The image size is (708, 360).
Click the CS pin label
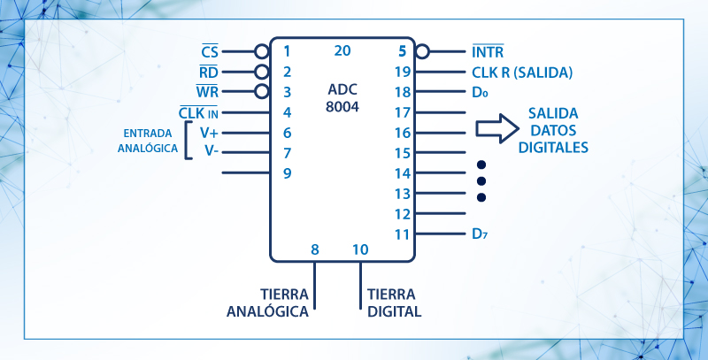210,50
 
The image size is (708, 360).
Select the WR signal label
207,92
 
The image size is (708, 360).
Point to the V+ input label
209,133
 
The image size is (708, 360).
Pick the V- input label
211,151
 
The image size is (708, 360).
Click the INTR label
488,52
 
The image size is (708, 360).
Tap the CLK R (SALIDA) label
522,73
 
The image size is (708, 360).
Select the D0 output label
480,92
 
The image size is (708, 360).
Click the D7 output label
480,234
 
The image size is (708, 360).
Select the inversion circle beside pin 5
421,51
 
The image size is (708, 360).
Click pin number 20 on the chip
342,50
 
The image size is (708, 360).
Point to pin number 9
287,172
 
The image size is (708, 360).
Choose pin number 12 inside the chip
402,214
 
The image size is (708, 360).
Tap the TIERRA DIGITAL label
394,303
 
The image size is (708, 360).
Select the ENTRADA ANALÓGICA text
149,142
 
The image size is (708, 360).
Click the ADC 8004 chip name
342,99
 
